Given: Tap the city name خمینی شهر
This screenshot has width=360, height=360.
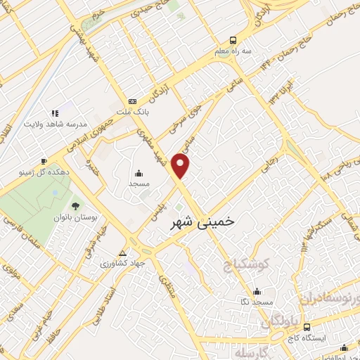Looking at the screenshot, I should pos(204,221).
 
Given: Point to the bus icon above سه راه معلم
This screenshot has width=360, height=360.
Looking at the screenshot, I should pos(233,40).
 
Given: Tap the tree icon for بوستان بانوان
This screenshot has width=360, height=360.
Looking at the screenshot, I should pos(75,206).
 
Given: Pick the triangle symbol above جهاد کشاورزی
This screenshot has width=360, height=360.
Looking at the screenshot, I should pos(123,252).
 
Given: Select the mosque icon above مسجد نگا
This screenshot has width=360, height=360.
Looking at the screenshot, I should pos(257,290).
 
